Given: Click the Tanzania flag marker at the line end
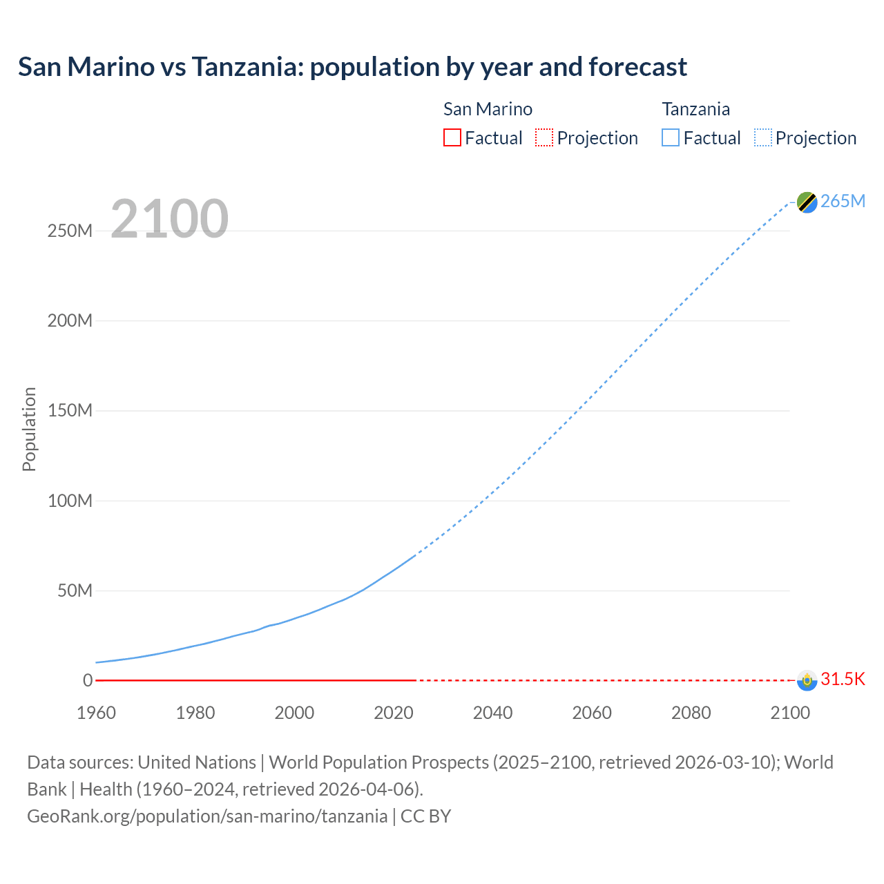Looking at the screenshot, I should (x=807, y=202).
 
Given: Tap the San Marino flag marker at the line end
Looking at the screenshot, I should (x=807, y=680).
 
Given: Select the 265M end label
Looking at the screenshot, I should (x=843, y=201).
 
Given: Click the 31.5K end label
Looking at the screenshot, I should (x=843, y=679).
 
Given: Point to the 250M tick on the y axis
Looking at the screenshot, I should (x=70, y=231).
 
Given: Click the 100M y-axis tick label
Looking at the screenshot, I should (x=70, y=501).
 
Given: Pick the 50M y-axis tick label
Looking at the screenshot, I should (x=75, y=590).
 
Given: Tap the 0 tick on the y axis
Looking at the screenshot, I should (x=88, y=680).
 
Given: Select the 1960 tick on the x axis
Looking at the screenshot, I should (x=96, y=713).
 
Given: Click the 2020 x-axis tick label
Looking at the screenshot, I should (x=394, y=713).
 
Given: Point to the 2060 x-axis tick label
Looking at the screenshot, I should (x=592, y=713).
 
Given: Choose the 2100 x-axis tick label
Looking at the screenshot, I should (x=790, y=713).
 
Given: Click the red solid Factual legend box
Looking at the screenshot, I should (x=452, y=138).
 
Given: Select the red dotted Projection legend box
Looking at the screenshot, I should (x=544, y=138).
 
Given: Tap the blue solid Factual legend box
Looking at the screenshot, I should (x=671, y=138).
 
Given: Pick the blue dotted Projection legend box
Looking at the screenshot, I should (x=763, y=138).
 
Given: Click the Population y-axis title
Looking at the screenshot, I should (x=29, y=429).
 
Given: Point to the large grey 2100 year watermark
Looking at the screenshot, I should (x=169, y=219).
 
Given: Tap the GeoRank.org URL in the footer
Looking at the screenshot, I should (x=207, y=816).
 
